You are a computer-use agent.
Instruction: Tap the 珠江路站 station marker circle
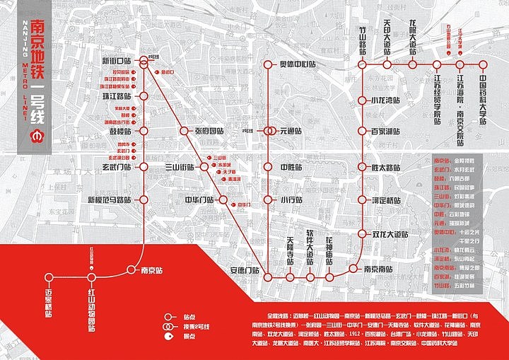coord(143,95)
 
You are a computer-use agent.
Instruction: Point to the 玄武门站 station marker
coord(143,167)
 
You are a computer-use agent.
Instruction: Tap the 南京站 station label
coord(153,270)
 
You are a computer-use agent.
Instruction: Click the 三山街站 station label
coord(179,167)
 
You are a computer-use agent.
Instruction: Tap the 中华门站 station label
coord(199,200)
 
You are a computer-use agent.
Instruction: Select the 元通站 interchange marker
coord(269,131)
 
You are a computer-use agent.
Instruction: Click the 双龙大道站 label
coord(390,234)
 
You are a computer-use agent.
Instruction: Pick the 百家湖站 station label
coord(386,131)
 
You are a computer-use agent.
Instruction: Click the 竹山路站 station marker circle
coord(362,64)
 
